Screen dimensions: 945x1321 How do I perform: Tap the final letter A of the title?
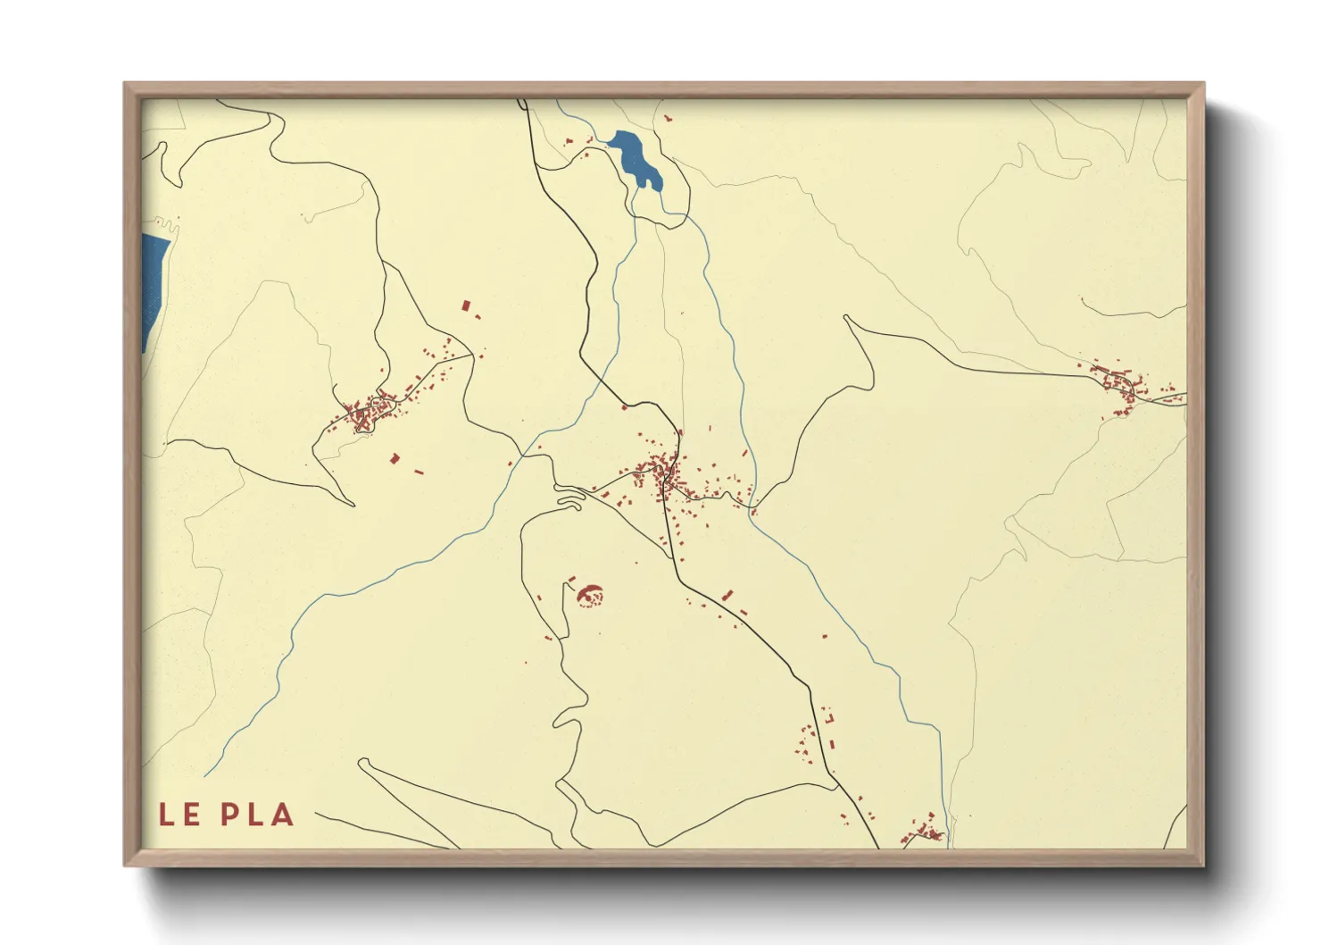282,815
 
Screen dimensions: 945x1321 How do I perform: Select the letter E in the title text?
192,815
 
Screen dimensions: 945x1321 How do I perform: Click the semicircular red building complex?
590,594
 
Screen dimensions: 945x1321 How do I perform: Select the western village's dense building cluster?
366,414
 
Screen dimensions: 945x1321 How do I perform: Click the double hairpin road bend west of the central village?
569,495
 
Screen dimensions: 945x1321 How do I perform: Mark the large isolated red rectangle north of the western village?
465,305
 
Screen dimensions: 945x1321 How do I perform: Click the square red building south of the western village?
395,458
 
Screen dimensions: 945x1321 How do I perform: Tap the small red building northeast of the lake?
667,117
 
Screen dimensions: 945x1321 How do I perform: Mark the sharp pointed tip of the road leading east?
846,317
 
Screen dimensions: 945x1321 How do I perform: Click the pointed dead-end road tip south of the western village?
353,505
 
